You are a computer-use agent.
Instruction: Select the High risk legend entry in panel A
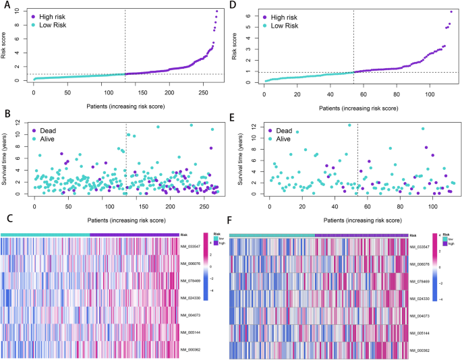pos(54,15)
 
